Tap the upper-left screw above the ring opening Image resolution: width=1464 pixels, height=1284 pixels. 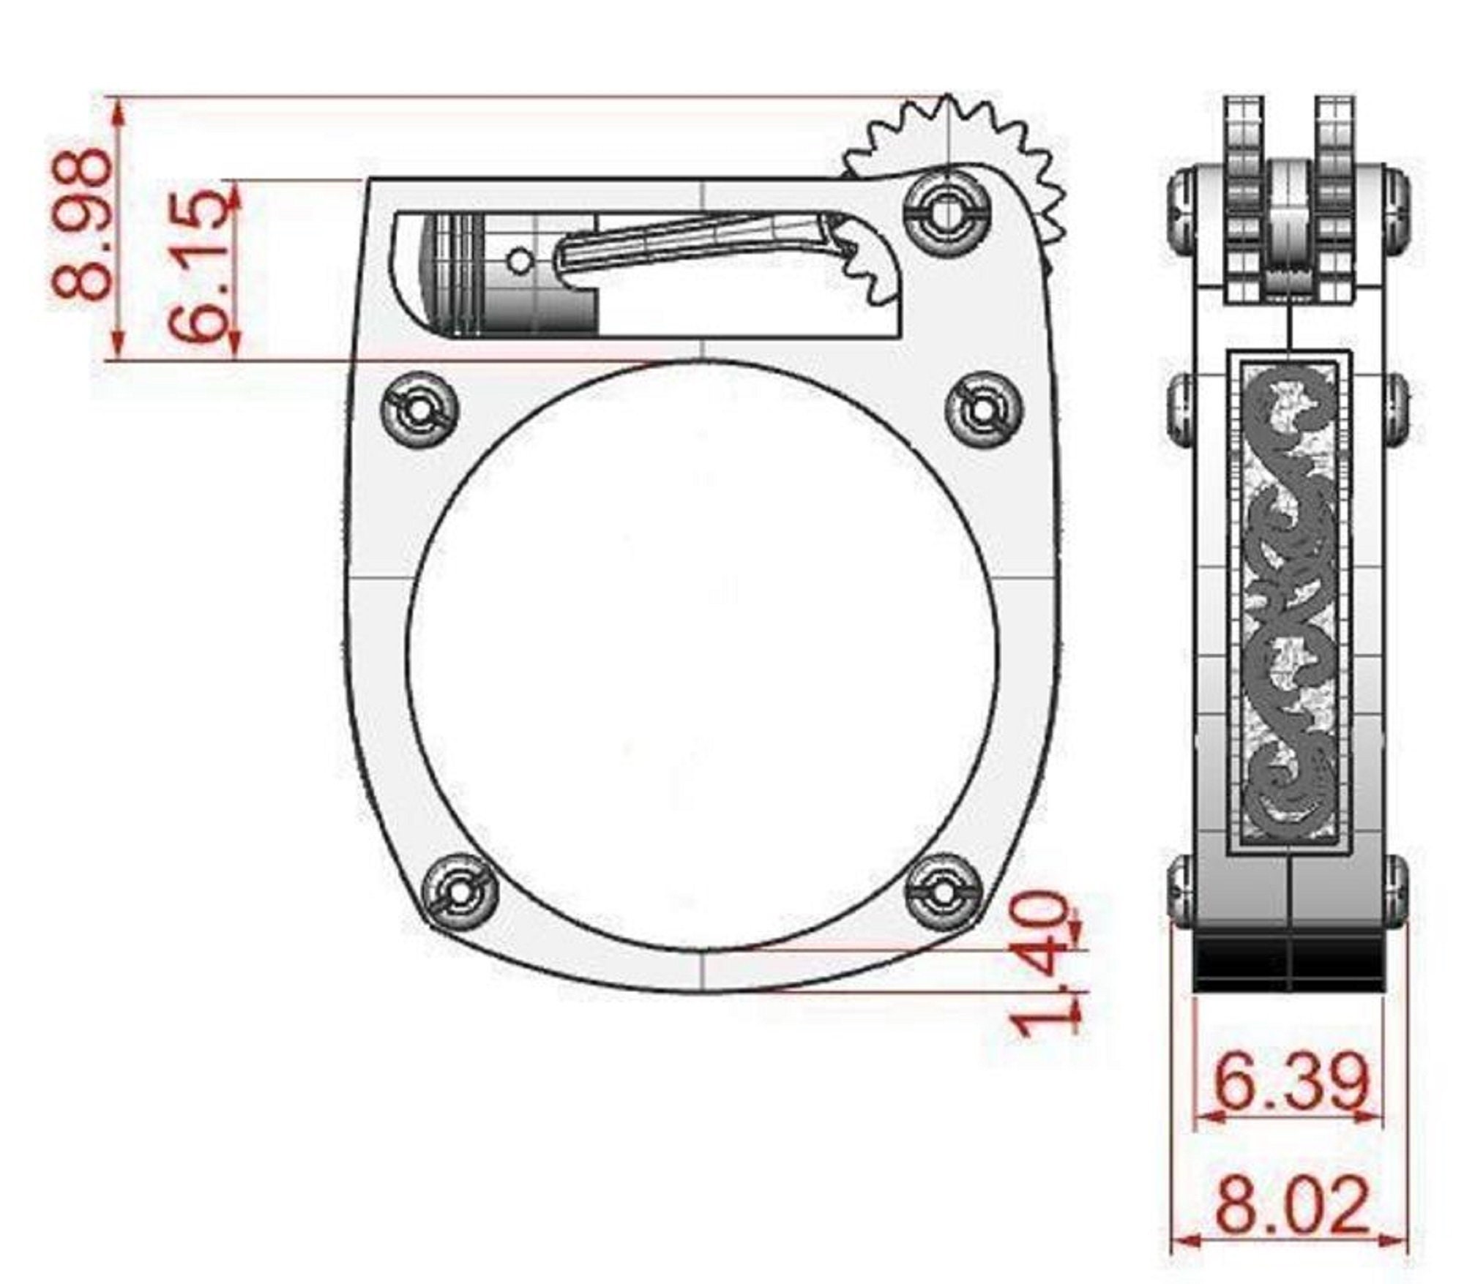point(420,410)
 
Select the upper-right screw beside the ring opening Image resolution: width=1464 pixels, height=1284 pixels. point(983,410)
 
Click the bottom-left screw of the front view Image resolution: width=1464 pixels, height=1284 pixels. point(460,891)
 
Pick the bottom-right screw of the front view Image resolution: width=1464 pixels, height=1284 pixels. point(943,891)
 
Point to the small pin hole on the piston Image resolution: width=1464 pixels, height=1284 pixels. point(519,259)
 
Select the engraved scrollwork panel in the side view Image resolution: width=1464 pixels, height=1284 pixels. point(1289,600)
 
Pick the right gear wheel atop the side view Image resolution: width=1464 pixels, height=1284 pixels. point(1334,198)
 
